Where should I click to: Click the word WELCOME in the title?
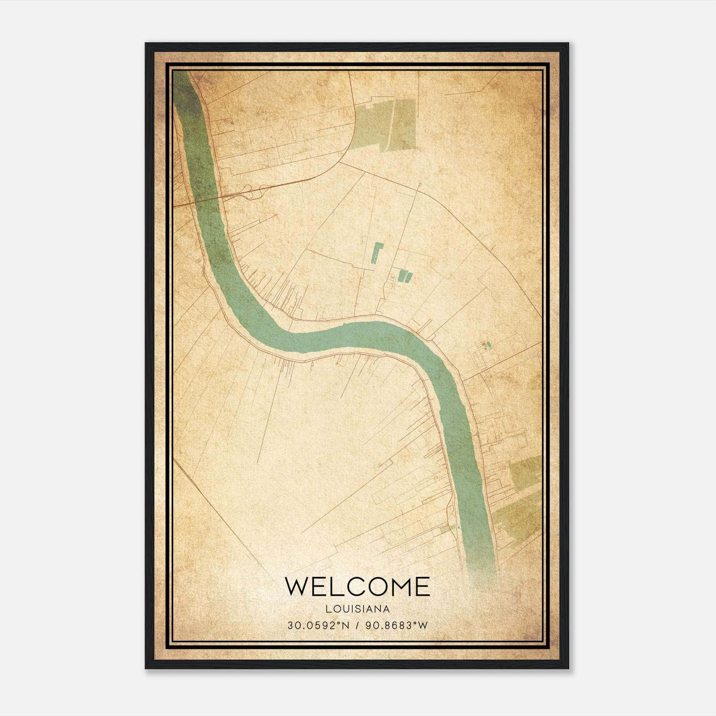[358, 586]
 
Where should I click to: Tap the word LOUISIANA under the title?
[358, 609]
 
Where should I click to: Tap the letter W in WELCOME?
[296, 586]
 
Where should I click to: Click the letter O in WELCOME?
[377, 586]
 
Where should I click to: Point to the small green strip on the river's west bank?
[447, 528]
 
